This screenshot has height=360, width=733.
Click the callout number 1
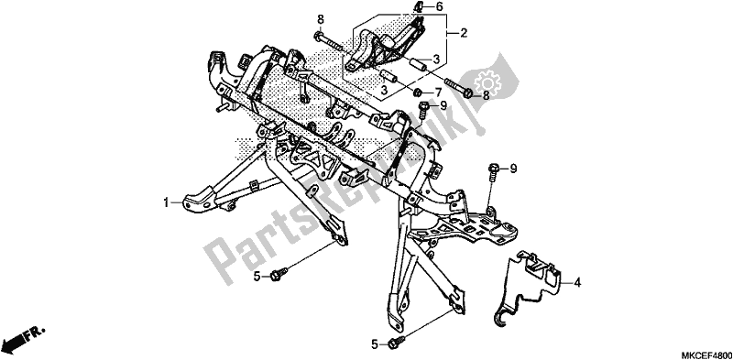pyautogui.click(x=167, y=203)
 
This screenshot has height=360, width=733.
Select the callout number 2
pyautogui.click(x=465, y=34)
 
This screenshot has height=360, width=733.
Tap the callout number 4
pyautogui.click(x=578, y=283)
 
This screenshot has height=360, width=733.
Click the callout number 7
pyautogui.click(x=438, y=93)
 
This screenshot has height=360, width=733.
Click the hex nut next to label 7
pyautogui.click(x=418, y=93)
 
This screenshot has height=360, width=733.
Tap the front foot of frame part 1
pyautogui.click(x=197, y=197)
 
